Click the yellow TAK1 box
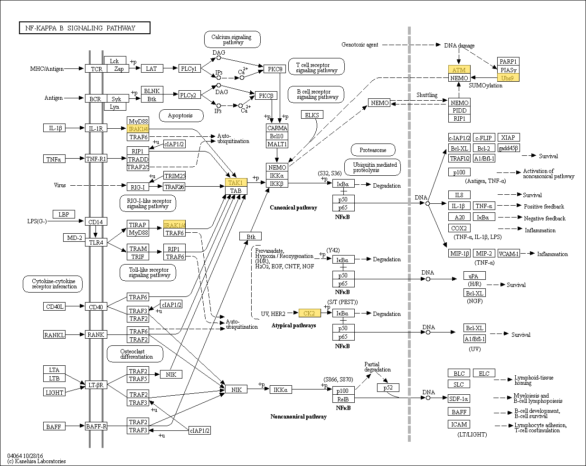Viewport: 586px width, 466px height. pos(236,182)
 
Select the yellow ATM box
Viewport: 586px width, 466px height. pos(459,70)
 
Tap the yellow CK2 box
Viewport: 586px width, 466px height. pos(310,313)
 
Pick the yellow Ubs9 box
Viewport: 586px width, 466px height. pos(508,77)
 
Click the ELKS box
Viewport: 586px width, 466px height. pos(312,114)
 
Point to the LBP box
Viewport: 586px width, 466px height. pos(64,214)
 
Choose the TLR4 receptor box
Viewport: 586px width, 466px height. pos(96,242)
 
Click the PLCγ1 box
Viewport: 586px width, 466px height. pos(189,68)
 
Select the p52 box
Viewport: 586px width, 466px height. pos(388,388)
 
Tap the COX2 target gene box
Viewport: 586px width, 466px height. pos(459,228)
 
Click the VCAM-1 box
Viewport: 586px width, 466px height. pos(509,253)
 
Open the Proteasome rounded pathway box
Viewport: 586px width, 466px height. pos(373,150)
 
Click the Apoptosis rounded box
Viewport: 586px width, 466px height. pos(181,115)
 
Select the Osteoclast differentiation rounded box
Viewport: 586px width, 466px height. pos(135,354)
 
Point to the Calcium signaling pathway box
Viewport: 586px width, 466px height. pos(232,39)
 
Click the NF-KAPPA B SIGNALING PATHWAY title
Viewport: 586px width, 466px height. pos(85,28)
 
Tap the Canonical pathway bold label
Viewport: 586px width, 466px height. pos(293,208)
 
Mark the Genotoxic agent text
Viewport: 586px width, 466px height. pos(359,45)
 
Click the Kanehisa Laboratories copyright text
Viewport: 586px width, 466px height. pos(37,461)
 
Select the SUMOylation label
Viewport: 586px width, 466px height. pos(485,86)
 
